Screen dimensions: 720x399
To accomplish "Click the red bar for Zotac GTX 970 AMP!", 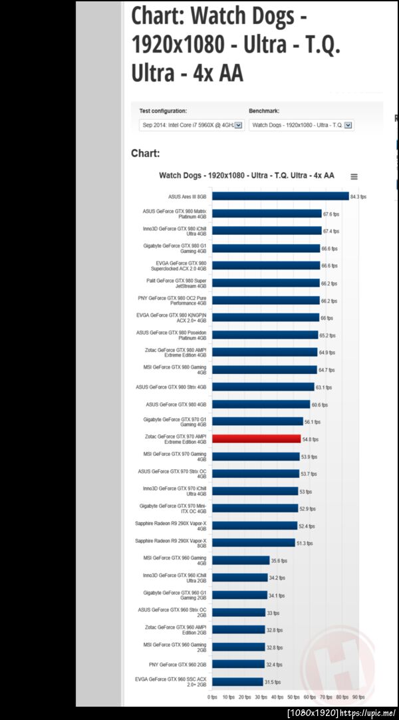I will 257,439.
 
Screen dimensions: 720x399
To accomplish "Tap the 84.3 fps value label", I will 358,197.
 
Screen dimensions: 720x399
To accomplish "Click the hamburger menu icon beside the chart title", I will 354,177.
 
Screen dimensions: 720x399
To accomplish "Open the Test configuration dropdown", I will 192,125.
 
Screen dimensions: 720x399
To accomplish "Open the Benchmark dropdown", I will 301,125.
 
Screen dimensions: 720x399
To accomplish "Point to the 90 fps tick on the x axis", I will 358,697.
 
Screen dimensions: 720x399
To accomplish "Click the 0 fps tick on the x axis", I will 213,697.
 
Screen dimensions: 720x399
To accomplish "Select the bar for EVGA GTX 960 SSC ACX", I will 238,681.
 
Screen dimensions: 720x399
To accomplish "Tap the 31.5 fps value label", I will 273,682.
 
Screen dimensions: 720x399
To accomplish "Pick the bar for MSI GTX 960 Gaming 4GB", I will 241,560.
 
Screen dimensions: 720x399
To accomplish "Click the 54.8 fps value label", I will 311,440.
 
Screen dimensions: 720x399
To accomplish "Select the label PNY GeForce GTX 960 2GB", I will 178,664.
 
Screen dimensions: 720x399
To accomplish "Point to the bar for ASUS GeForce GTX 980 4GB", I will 261,405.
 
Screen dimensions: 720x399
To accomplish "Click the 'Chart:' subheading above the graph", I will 145,154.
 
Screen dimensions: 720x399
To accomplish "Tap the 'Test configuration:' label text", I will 163,110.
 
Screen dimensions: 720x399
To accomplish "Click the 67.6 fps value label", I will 331,214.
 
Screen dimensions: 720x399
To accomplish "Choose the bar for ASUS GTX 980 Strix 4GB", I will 263,387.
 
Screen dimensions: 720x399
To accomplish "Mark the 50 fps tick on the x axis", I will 294,697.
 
